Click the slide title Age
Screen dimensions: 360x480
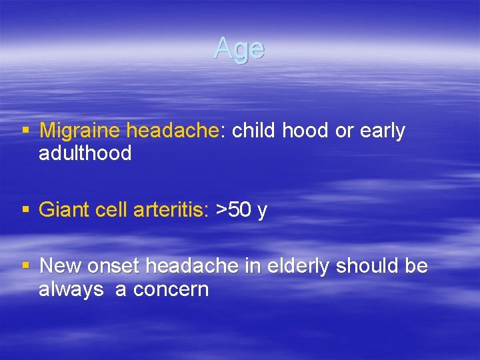coord(239,49)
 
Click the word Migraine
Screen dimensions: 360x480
coord(81,131)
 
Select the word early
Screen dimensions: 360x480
coord(382,131)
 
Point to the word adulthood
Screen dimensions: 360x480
coord(85,153)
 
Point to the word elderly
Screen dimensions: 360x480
coord(298,267)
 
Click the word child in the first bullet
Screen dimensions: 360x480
coord(254,131)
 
